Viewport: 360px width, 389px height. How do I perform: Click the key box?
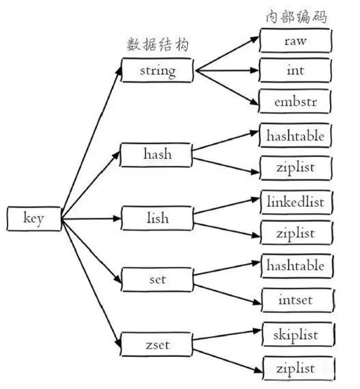[x=33, y=219]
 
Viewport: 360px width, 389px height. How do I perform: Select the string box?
[x=157, y=70]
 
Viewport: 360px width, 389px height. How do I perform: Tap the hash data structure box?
[x=157, y=154]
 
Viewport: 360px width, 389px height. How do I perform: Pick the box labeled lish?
[x=157, y=218]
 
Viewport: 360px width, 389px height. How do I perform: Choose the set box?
[x=157, y=278]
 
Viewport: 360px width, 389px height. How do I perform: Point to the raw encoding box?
[x=296, y=41]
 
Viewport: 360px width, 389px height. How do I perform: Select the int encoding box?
[x=296, y=70]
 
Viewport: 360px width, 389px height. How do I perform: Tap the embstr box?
[x=296, y=101]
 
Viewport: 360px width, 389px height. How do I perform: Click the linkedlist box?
[x=296, y=203]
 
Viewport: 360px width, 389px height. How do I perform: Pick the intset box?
[x=296, y=298]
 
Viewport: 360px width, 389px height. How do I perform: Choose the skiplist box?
[x=296, y=334]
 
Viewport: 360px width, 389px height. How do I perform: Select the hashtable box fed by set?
[x=296, y=265]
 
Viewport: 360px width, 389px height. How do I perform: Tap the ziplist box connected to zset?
[x=296, y=369]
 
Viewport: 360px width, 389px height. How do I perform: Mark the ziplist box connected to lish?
[x=296, y=233]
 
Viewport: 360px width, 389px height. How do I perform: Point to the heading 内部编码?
[x=295, y=16]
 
